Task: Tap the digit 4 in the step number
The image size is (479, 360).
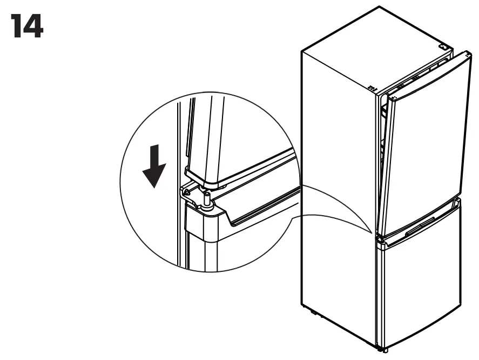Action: click(x=33, y=26)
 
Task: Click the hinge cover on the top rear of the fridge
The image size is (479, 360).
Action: click(x=444, y=47)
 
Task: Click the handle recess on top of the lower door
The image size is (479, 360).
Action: click(x=420, y=227)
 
